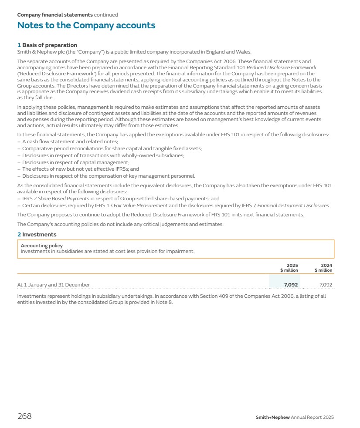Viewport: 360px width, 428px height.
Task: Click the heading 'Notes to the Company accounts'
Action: click(x=86, y=25)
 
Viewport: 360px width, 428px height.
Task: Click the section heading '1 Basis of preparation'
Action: click(x=47, y=45)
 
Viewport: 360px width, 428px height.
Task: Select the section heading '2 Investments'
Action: click(x=37, y=235)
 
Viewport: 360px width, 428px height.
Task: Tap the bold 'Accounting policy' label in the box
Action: click(x=42, y=246)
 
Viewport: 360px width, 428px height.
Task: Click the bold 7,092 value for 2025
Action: click(x=291, y=285)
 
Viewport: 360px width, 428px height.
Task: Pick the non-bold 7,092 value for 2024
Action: click(x=326, y=285)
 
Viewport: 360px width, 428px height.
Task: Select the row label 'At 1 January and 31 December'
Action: click(x=53, y=285)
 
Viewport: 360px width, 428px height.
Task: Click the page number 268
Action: click(x=24, y=416)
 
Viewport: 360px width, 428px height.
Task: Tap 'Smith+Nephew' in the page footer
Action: click(x=272, y=417)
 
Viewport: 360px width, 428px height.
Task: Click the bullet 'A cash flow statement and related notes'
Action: click(x=70, y=142)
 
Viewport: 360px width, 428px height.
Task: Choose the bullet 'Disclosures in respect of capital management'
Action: click(x=75, y=162)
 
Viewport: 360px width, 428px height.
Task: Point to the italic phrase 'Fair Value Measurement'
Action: click(x=140, y=206)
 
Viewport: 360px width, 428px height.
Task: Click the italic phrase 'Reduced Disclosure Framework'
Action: click(x=278, y=67)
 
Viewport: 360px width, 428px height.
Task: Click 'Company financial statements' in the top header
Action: click(x=55, y=15)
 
